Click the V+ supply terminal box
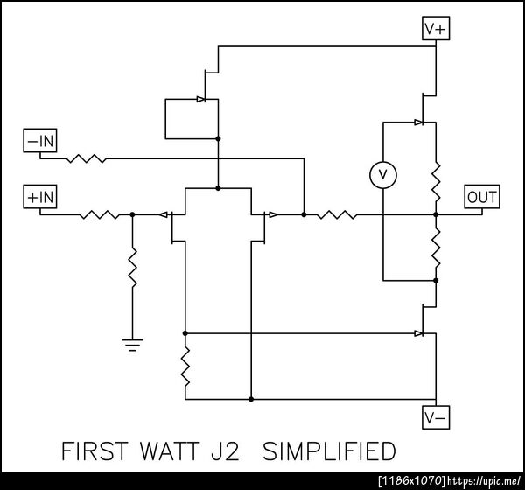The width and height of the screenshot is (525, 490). coord(436,29)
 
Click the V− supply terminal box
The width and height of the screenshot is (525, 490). coord(436,417)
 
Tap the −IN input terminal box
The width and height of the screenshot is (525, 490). coord(40,140)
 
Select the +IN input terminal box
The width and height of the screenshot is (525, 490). coord(40,197)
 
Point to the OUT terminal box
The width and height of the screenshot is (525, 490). coord(482,197)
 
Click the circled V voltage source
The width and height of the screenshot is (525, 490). coord(383,175)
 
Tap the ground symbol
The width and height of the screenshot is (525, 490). coord(133,345)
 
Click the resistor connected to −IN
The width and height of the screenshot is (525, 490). coord(87,158)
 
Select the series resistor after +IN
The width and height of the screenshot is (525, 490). coord(100,214)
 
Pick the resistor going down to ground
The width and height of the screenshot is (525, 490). coord(133,267)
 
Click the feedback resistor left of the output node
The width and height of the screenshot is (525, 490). coord(337,214)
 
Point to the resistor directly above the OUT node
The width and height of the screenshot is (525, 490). coord(436,182)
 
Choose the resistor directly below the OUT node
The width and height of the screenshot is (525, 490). coord(436,248)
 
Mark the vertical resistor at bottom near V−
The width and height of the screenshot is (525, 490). coord(185,367)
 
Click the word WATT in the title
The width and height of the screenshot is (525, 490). coord(170,451)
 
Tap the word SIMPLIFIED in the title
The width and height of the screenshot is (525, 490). coord(329,451)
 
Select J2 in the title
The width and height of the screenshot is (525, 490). coord(226,451)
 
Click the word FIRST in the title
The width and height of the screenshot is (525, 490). coord(94,451)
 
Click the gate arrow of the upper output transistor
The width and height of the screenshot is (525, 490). coord(418,122)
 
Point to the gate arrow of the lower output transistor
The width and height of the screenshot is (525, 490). coord(418,333)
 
